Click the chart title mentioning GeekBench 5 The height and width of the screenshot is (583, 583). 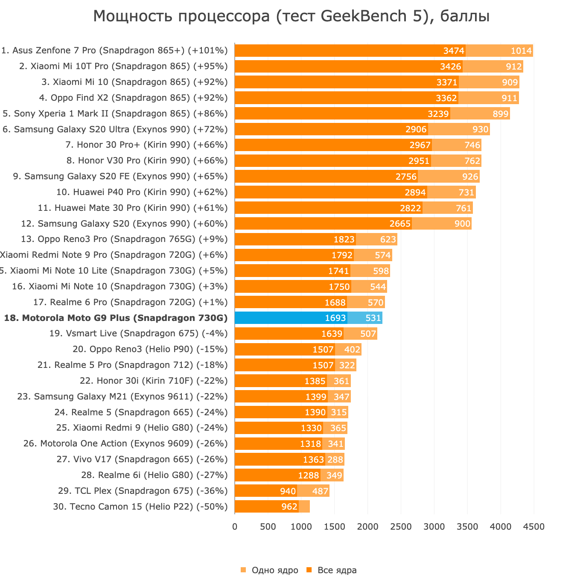pyautogui.click(x=291, y=17)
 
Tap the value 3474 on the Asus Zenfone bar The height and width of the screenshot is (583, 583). pyautogui.click(x=454, y=51)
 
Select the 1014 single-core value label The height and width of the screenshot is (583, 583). pyautogui.click(x=521, y=51)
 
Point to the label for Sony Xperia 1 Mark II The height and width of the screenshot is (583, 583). pyautogui.click(x=115, y=114)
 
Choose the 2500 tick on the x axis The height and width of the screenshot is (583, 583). pyautogui.click(x=401, y=527)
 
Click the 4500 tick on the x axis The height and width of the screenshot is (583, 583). pyautogui.click(x=533, y=527)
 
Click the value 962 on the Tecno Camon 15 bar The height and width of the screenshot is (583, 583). pyautogui.click(x=289, y=507)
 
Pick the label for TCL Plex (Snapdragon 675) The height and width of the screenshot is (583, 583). pyautogui.click(x=143, y=491)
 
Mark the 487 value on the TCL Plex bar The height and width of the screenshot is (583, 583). pyautogui.click(x=320, y=491)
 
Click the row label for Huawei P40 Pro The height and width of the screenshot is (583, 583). pyautogui.click(x=142, y=192)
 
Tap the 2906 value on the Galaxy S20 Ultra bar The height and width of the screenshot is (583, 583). pyautogui.click(x=416, y=129)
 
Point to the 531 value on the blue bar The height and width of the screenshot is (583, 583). pyautogui.click(x=373, y=318)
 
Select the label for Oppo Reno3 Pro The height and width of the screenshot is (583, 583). pyautogui.click(x=124, y=239)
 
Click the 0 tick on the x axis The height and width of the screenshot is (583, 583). pyautogui.click(x=235, y=527)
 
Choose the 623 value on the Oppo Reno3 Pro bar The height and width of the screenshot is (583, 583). pyautogui.click(x=388, y=239)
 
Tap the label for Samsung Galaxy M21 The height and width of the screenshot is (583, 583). pyautogui.click(x=122, y=396)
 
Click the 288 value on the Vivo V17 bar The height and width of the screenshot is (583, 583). pyautogui.click(x=335, y=460)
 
